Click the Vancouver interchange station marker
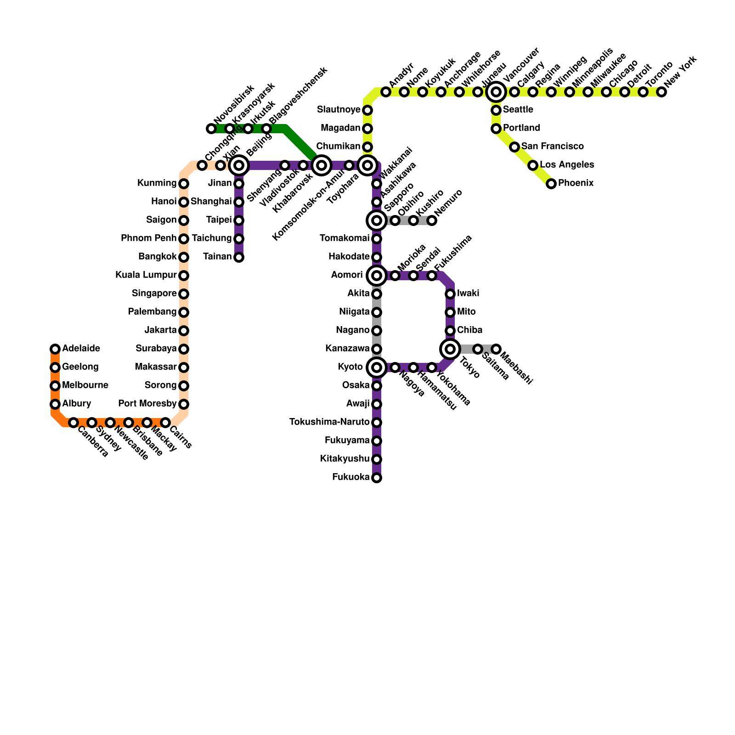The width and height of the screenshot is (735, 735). click(496, 92)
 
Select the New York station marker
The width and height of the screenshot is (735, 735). click(661, 92)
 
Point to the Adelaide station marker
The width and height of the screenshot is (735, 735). click(55, 349)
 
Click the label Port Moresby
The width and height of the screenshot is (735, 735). click(147, 404)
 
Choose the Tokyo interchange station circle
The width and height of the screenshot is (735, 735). click(450, 349)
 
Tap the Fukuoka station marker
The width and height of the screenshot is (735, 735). click(377, 478)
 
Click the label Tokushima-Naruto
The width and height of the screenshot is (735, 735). click(329, 422)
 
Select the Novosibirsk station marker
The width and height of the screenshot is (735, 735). click(211, 129)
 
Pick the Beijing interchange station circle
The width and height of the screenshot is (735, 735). click(239, 165)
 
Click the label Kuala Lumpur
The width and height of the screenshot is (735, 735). click(146, 275)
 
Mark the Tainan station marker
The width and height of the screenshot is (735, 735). click(239, 257)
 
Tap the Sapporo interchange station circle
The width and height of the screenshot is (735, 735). click(377, 220)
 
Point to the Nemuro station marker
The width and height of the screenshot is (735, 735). click(432, 220)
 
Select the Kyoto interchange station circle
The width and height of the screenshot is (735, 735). click(377, 367)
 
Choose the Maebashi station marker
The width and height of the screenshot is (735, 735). click(496, 349)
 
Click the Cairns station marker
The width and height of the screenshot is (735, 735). click(165, 423)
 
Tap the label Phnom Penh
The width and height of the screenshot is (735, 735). click(148, 238)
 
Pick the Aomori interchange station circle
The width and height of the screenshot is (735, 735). click(377, 276)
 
